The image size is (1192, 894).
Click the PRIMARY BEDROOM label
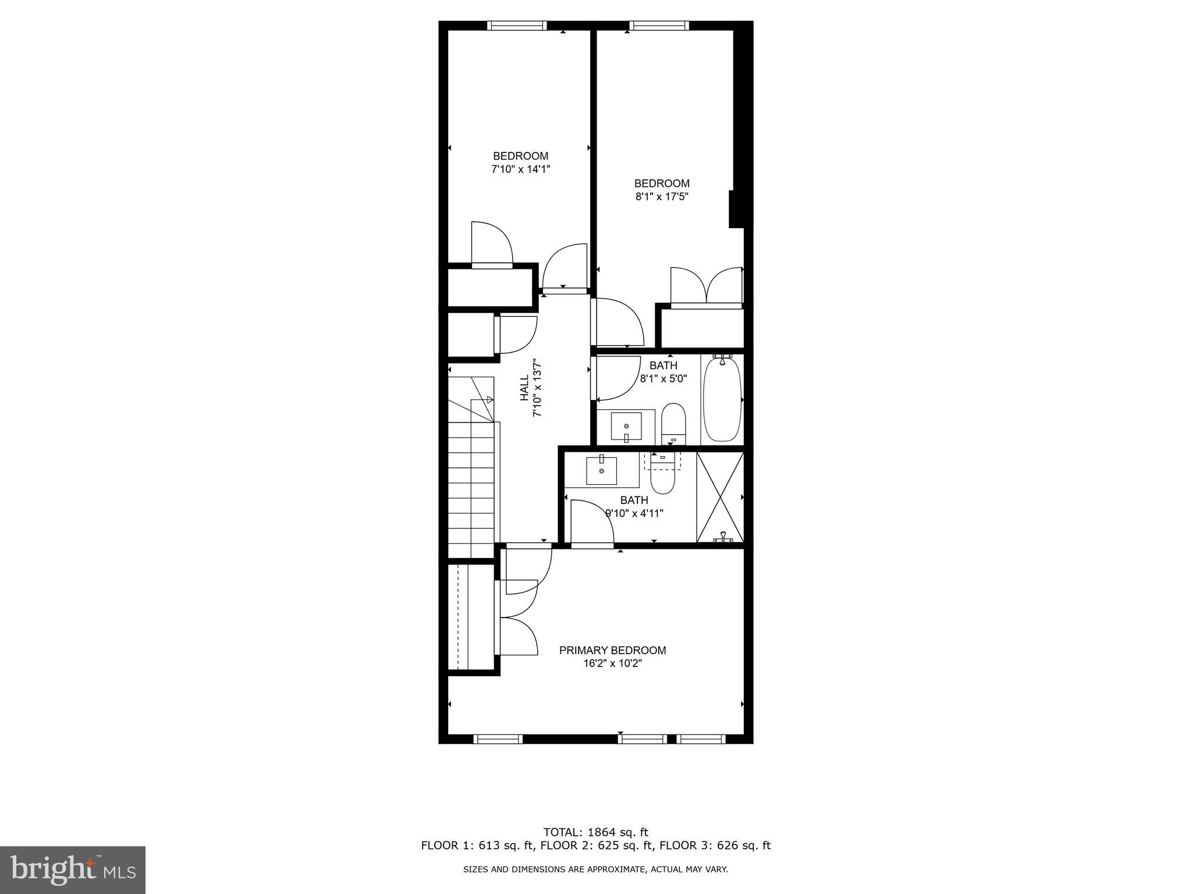612,650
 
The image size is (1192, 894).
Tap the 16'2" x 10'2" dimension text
612,664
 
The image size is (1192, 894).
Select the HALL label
524,388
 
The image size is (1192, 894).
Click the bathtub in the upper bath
722,400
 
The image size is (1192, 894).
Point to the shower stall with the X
720,497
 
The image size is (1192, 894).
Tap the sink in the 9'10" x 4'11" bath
601,471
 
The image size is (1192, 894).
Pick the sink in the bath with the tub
626,427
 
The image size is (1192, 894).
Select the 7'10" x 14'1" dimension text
521,169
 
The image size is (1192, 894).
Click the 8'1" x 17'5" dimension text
662,197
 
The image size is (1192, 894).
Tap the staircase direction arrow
489,399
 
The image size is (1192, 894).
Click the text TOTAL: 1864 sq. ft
595,832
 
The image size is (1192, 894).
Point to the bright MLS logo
73,870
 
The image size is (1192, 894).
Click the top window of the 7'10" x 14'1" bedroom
517,26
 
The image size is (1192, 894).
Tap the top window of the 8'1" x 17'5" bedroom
659,26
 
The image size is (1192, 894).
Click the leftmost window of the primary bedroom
498,739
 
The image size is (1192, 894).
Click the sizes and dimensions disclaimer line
595,870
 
